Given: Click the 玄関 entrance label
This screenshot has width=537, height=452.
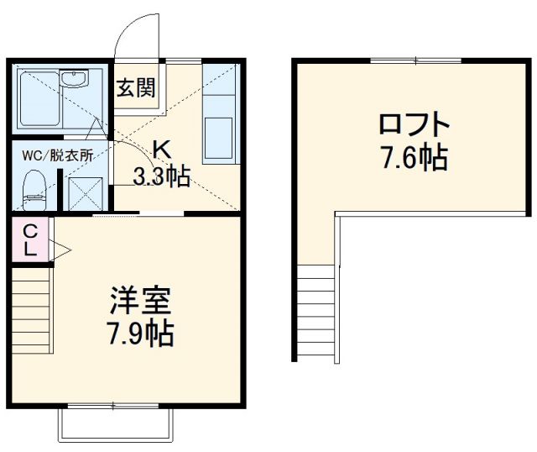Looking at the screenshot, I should pos(135,87).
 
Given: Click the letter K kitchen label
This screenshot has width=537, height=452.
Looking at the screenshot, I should pos(161,150).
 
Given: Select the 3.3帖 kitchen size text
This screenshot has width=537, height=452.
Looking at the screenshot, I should pos(162,176).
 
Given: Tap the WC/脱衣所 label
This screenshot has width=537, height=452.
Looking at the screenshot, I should pos(58,155).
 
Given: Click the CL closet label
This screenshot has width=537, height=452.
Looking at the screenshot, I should pos(29,239).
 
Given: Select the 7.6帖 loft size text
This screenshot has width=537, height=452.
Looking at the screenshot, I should pos(414,158).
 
